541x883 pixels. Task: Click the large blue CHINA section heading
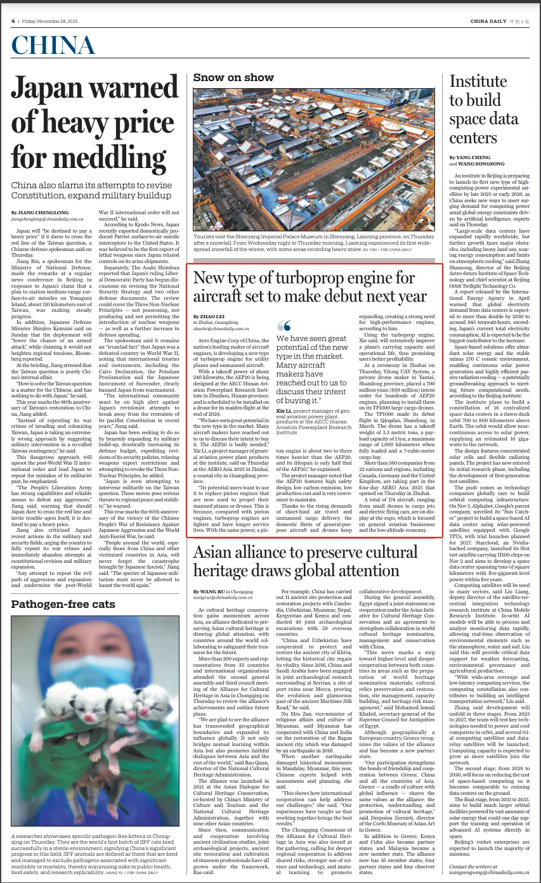[53, 45]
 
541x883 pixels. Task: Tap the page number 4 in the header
[13, 20]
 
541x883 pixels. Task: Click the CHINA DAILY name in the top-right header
[489, 21]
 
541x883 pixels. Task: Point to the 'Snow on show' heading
[233, 77]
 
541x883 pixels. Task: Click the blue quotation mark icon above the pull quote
[284, 326]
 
